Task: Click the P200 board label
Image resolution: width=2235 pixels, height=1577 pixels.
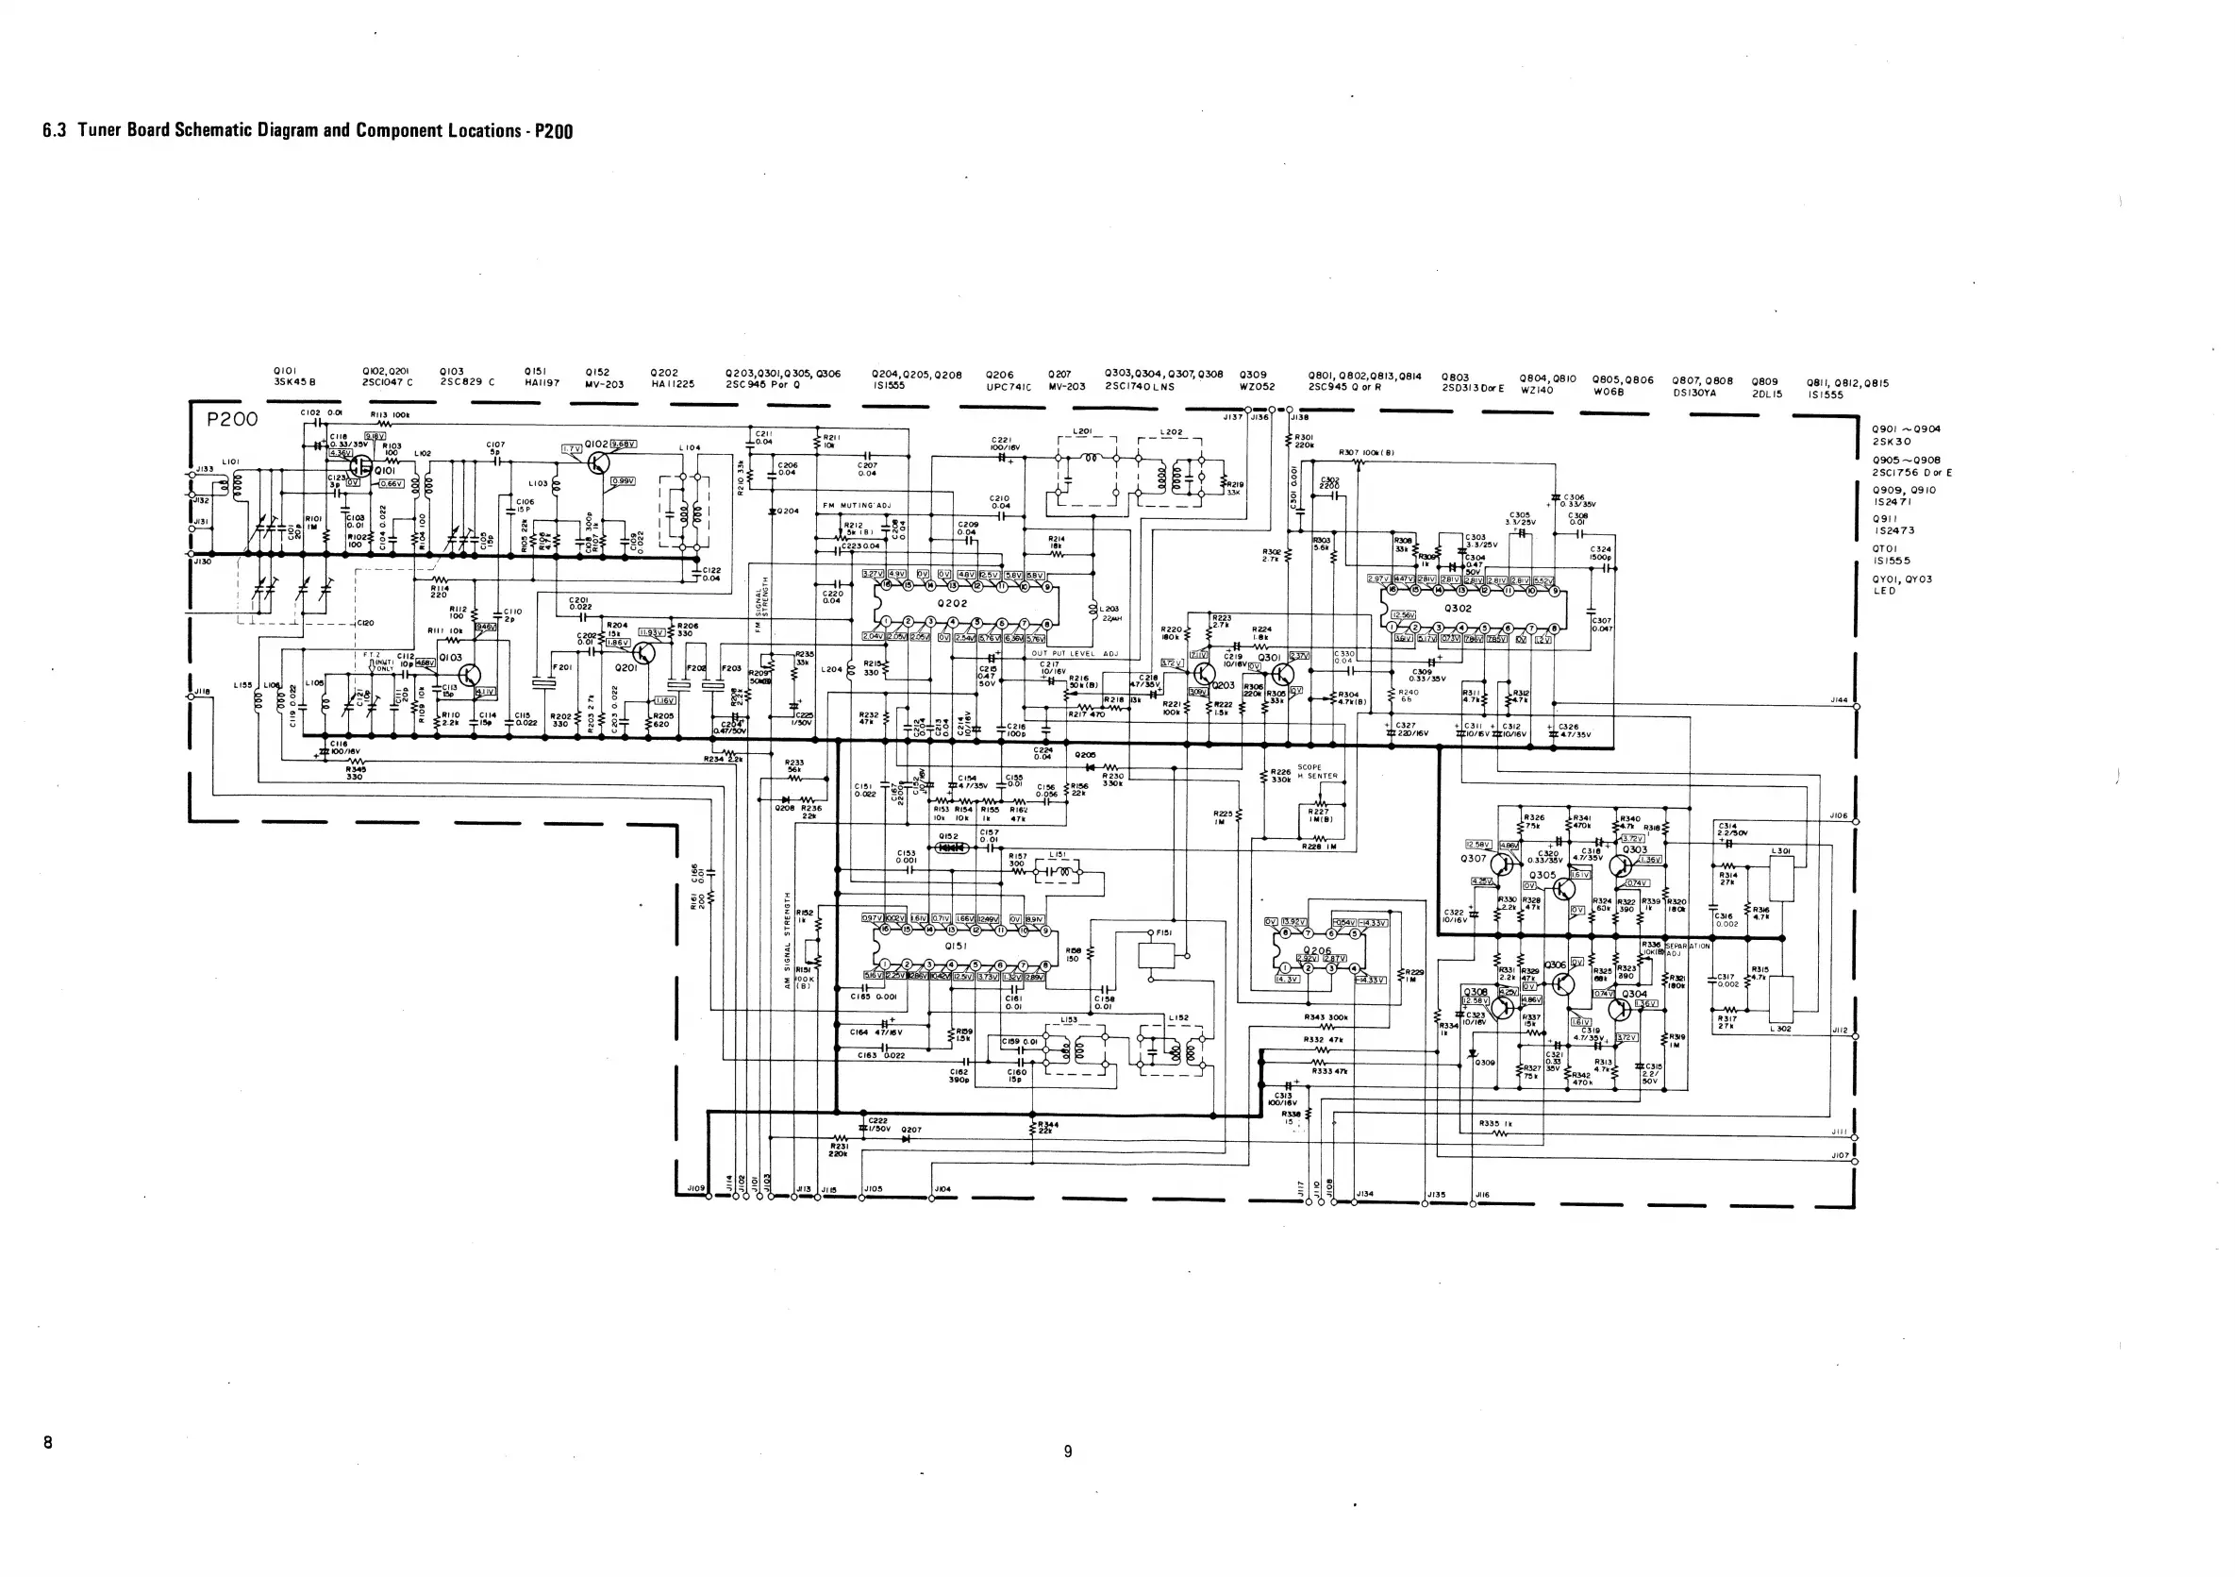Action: click(233, 420)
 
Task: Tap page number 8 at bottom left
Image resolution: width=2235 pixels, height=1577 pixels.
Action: click(48, 1442)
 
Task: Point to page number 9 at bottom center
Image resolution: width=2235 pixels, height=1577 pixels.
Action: click(1068, 1451)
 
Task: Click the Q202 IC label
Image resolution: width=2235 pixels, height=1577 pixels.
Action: click(952, 604)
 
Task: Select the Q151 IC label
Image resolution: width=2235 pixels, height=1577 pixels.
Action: click(956, 946)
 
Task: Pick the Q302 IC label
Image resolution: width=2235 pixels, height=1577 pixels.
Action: click(1459, 609)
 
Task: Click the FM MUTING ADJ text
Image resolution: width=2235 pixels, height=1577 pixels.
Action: click(857, 506)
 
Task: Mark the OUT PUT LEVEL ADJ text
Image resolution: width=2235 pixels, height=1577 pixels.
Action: click(1075, 654)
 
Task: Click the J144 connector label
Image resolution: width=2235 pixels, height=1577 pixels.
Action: click(1838, 700)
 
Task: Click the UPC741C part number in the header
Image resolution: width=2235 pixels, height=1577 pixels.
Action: click(1008, 386)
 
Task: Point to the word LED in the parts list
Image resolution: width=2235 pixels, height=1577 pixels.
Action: click(1885, 591)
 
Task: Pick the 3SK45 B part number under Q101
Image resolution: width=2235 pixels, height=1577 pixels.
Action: click(294, 382)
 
